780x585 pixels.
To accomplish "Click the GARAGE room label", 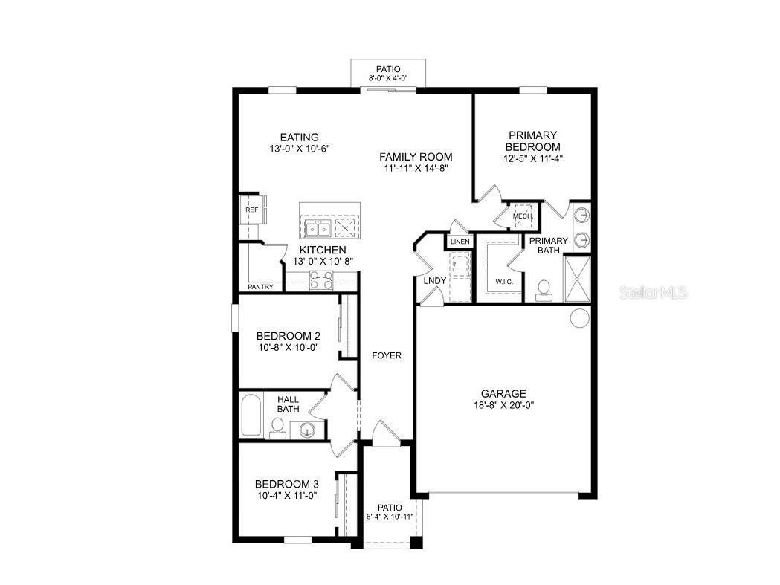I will click(503, 394).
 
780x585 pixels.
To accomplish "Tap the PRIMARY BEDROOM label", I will click(533, 141).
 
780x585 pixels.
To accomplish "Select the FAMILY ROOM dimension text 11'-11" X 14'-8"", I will click(416, 168).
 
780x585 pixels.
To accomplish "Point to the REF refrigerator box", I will click(251, 210).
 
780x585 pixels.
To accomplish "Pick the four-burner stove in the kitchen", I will click(322, 279).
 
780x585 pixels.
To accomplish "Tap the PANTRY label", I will click(260, 287).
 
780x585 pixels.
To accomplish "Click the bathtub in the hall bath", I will click(251, 416).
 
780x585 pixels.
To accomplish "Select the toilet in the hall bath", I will click(277, 427).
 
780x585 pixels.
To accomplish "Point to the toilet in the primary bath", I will click(544, 289).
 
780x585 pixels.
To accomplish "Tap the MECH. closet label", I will click(522, 216).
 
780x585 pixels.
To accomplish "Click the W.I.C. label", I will click(504, 282).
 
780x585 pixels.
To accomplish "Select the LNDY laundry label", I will click(434, 280).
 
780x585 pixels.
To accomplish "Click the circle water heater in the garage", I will click(579, 317).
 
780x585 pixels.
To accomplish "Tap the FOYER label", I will click(387, 355).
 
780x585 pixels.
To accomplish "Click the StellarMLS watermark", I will click(653, 293).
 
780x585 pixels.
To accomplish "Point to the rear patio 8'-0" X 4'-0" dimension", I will click(388, 78).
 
